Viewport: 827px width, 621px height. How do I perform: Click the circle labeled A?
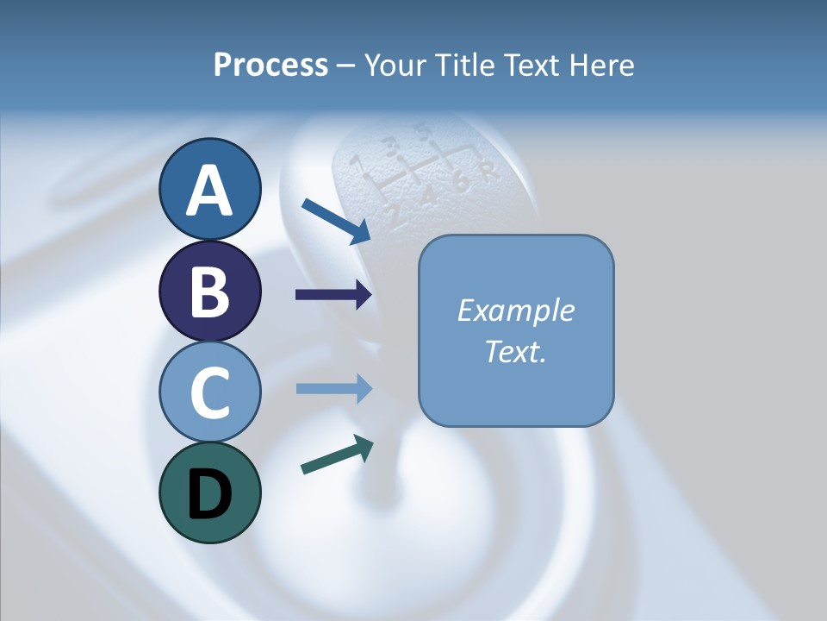[x=209, y=189]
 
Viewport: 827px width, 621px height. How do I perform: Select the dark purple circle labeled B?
[x=209, y=291]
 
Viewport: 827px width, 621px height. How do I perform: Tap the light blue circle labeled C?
[x=209, y=392]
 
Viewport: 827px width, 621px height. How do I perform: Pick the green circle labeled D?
[x=209, y=492]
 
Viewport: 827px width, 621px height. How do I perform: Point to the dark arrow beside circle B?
[x=333, y=295]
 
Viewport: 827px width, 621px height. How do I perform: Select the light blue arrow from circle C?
[x=333, y=388]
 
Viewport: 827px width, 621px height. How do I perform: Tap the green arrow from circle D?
[x=337, y=455]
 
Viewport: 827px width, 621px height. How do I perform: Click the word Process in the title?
[x=270, y=65]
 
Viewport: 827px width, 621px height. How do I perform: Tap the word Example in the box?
[x=516, y=310]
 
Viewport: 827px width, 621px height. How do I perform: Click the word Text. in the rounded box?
[x=516, y=351]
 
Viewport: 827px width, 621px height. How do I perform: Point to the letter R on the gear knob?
[x=489, y=172]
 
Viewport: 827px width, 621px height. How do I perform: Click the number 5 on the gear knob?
[x=422, y=133]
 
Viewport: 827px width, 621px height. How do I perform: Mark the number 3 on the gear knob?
[x=392, y=145]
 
